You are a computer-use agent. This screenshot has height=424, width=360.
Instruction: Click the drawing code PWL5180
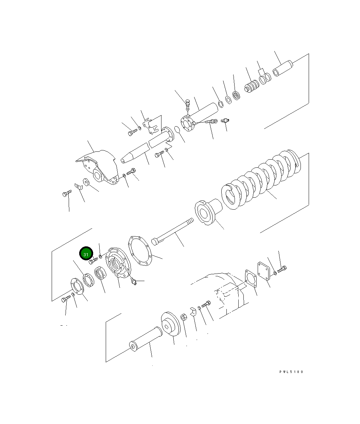[291, 372]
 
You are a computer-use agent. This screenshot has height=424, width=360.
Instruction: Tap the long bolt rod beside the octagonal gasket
[172, 231]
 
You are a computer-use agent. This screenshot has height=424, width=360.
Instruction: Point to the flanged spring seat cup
[208, 212]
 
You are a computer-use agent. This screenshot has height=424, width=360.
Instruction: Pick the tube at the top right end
[283, 68]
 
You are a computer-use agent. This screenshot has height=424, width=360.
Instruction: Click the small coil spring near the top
[252, 86]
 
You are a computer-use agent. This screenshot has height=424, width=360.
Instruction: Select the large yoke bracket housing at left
[98, 167]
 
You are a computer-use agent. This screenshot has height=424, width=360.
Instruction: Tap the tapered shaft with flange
[147, 145]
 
